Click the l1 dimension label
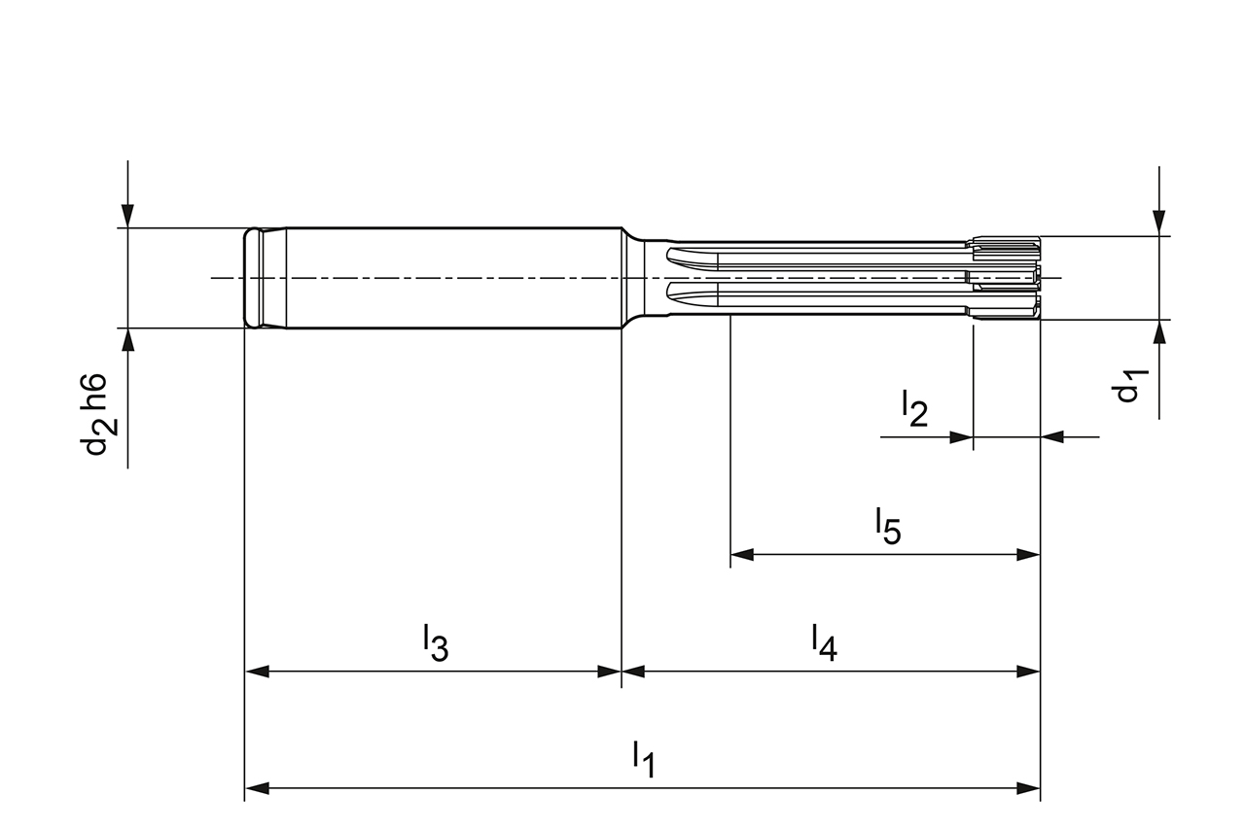click(x=643, y=759)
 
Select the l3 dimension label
click(x=435, y=642)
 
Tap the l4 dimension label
click(x=824, y=642)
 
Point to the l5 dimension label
click(x=887, y=526)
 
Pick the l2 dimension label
click(x=914, y=408)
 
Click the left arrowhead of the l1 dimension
click(x=256, y=787)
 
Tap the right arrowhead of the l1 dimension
click(x=1029, y=787)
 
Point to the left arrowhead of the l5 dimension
click(x=742, y=555)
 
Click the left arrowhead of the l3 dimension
click(x=256, y=671)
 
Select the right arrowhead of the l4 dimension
click(x=1029, y=671)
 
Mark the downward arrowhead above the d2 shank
click(x=127, y=216)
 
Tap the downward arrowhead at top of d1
click(x=1158, y=224)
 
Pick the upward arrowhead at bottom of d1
click(x=1158, y=332)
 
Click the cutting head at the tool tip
click(x=1007, y=278)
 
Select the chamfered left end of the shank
click(x=253, y=278)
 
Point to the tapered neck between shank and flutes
click(x=634, y=278)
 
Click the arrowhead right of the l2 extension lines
click(x=1053, y=437)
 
